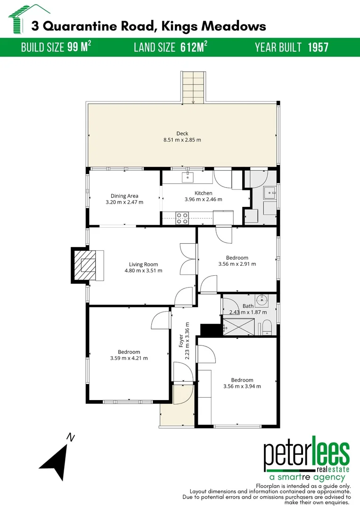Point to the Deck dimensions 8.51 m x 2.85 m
click(x=182, y=140)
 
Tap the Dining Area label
click(x=124, y=196)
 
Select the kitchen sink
click(x=188, y=177)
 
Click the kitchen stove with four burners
click(x=182, y=218)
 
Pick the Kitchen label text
click(x=204, y=193)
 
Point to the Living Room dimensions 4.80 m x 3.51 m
click(x=143, y=271)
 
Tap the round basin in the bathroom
click(x=262, y=300)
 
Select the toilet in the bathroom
click(x=266, y=327)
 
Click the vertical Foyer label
click(x=181, y=341)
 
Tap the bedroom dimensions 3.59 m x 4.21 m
click(x=129, y=358)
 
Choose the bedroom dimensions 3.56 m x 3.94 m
click(x=242, y=386)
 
